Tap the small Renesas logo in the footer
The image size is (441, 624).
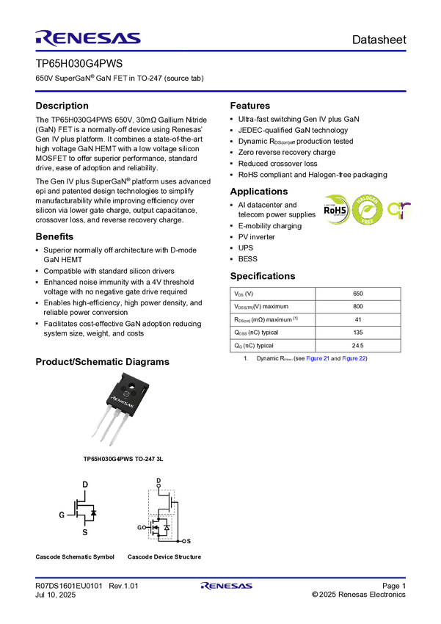[227, 587]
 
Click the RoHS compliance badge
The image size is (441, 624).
[336, 209]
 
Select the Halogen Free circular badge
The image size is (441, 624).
[368, 210]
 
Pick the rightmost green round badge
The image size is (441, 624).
[401, 210]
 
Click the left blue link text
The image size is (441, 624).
[318, 359]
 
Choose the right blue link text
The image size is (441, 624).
[354, 359]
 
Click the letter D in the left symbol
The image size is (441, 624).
[85, 485]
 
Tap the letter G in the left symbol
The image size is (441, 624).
[62, 515]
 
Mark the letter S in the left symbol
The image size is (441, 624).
[85, 532]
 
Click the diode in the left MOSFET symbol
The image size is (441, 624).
[94, 511]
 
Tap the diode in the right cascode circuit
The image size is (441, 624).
[167, 528]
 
